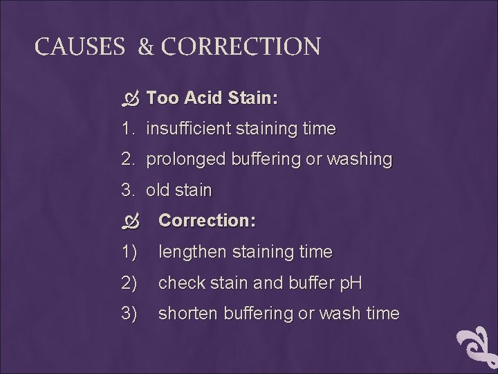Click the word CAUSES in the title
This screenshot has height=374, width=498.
[79, 47]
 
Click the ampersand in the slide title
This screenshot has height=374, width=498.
[146, 47]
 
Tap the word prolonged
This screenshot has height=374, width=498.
[183, 159]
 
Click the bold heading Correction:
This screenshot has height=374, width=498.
[207, 221]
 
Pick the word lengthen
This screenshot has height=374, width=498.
[192, 252]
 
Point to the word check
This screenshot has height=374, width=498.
[179, 283]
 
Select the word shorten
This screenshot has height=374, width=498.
[187, 313]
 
